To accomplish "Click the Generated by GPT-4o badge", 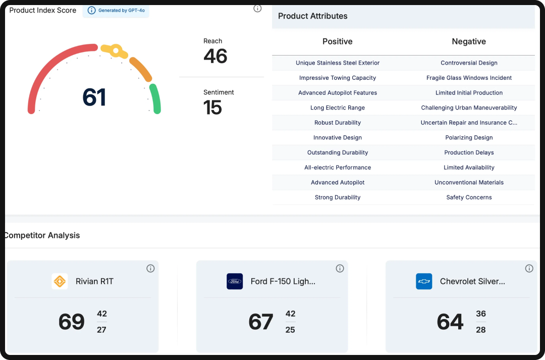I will tap(116, 10).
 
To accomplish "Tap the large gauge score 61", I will tap(94, 97).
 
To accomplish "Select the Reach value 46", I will tap(215, 56).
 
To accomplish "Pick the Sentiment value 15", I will tap(212, 108).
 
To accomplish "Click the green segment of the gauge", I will tap(156, 98).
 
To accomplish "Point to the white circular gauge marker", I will tap(116, 50).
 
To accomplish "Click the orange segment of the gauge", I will tap(141, 69).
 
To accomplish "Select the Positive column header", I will tap(338, 41).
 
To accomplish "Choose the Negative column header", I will tap(469, 41).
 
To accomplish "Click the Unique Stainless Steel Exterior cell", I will tap(338, 63).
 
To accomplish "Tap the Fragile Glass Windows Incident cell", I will tap(469, 78).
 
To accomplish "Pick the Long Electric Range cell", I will tap(338, 108).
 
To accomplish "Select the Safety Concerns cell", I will tap(469, 197).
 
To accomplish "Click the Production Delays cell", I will tap(469, 152).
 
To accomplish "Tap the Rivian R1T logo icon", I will tap(60, 281).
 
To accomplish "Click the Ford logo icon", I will tap(235, 281).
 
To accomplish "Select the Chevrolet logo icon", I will tap(424, 281).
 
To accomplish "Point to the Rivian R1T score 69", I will tap(72, 322).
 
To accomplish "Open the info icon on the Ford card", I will tap(340, 269).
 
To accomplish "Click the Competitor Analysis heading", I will tap(42, 235).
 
